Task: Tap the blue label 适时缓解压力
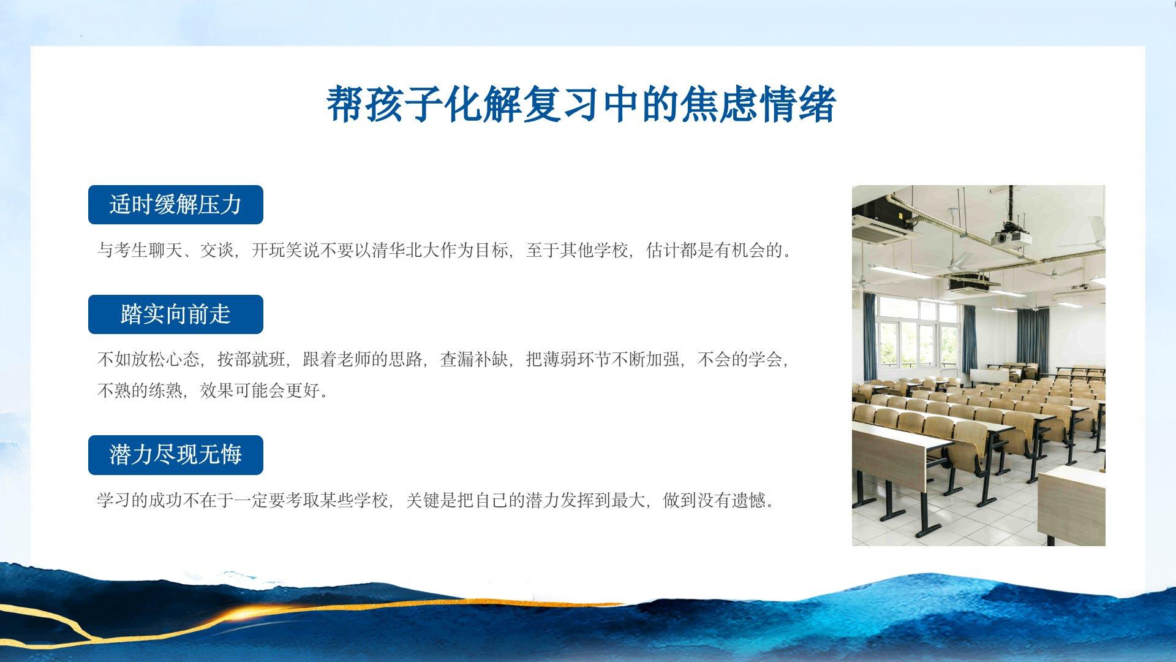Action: [176, 205]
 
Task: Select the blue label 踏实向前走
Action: [176, 314]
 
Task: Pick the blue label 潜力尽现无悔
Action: [176, 455]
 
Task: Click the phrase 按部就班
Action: [252, 359]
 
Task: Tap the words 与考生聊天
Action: [140, 251]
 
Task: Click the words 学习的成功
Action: [140, 501]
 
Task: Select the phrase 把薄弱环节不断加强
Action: [603, 359]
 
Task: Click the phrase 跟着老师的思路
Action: [363, 359]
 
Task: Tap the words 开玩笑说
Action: [286, 251]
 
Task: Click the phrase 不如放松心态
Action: [149, 359]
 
